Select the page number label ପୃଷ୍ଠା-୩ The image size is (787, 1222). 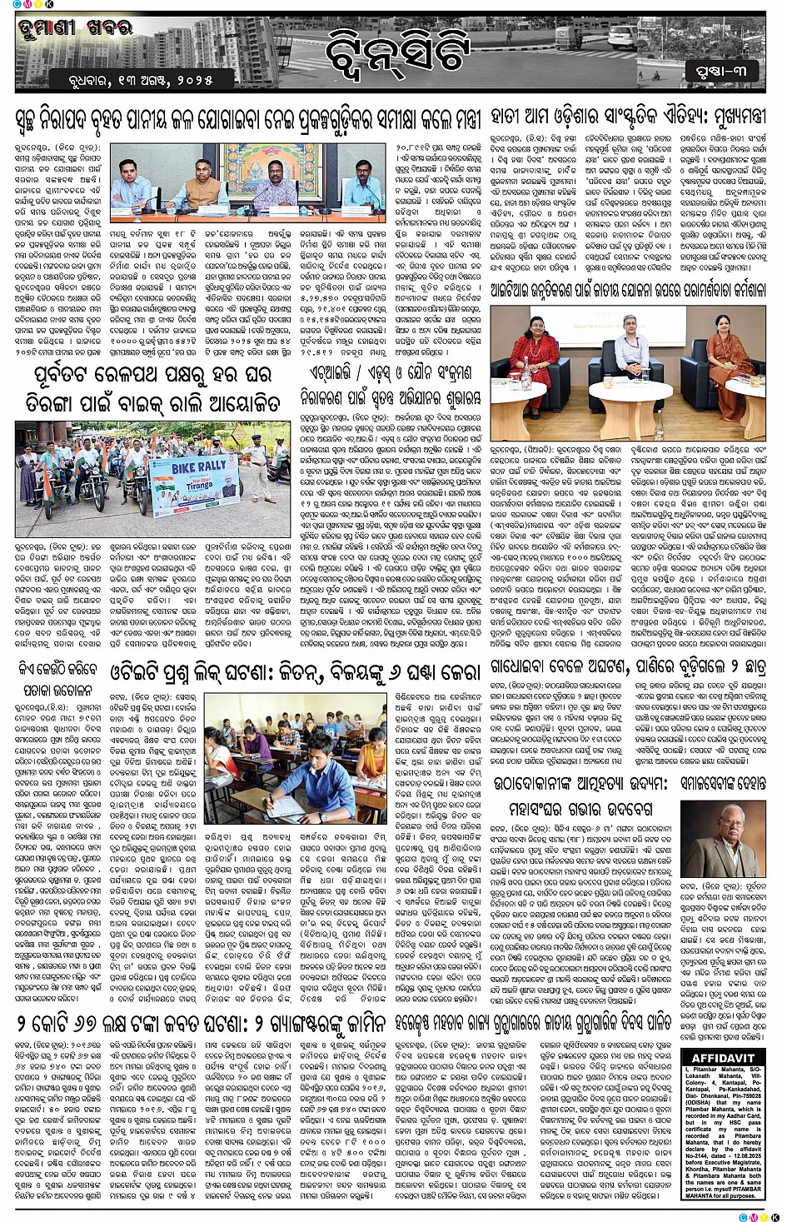coord(722,70)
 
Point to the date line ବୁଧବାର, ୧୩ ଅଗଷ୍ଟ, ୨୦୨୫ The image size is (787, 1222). coord(142,81)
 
